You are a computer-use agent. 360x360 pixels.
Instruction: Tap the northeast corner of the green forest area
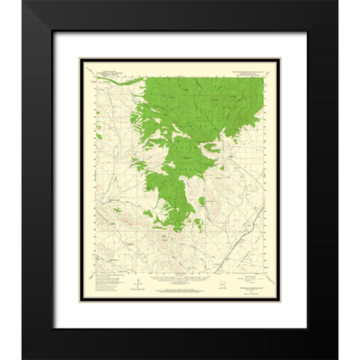tap(263, 75)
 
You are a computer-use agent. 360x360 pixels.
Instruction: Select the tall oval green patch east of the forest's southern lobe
tap(202, 202)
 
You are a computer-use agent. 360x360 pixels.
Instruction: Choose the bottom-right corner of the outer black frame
tap(319, 347)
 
